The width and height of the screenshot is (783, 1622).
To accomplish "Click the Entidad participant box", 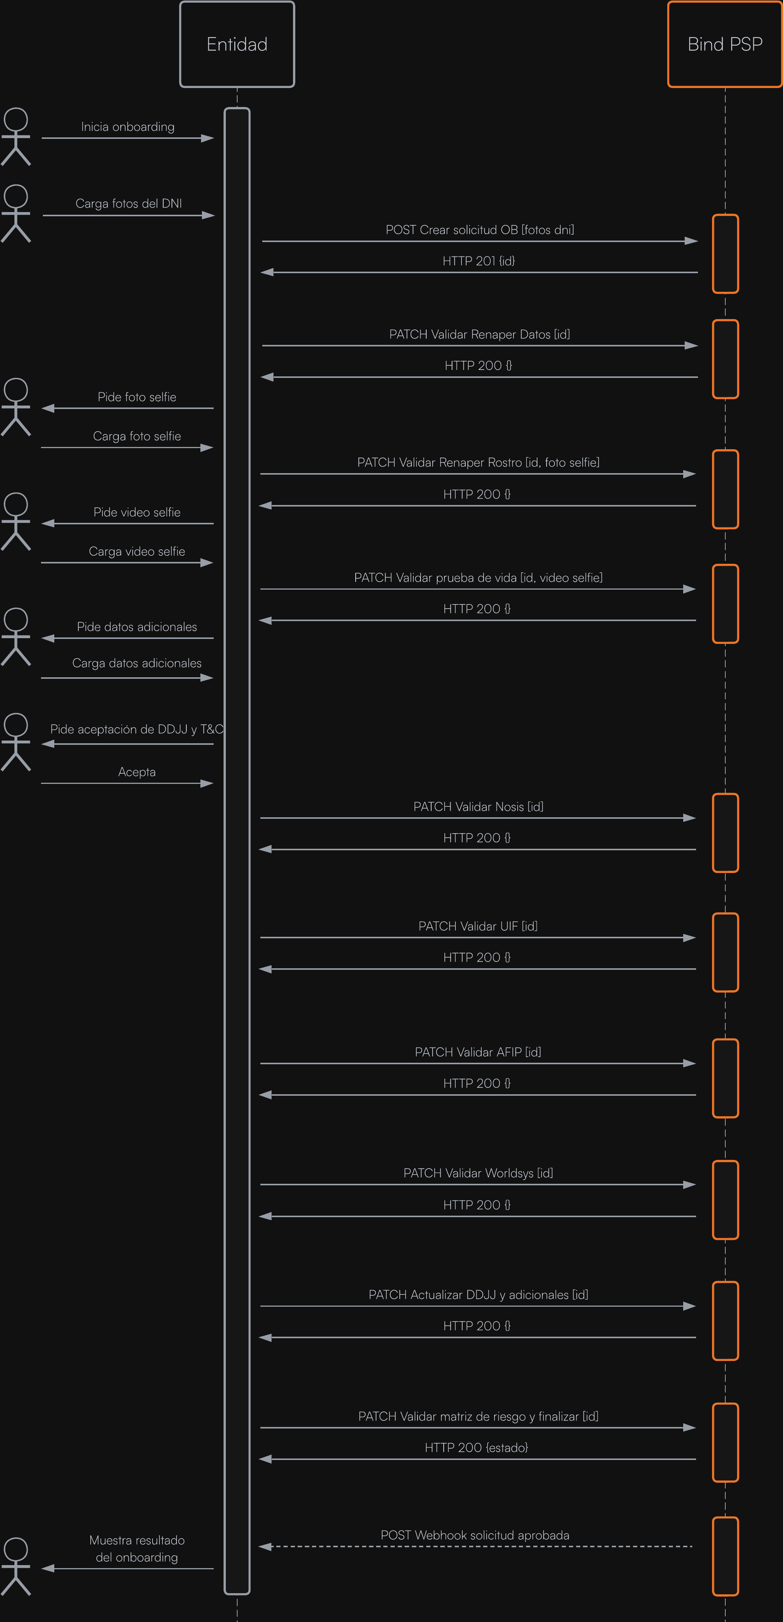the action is (x=237, y=44).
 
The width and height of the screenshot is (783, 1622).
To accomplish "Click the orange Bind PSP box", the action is (x=725, y=44).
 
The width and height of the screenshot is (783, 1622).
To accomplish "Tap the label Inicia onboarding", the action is (x=128, y=127).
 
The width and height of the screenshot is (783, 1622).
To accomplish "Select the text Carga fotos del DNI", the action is (x=129, y=203).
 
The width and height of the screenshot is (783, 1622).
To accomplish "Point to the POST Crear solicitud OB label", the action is (x=479, y=230).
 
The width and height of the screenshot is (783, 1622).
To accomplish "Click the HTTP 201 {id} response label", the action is (x=479, y=261).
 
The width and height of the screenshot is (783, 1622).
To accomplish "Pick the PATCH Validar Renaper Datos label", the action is (x=479, y=334).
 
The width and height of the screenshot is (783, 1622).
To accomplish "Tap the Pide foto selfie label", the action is (x=137, y=397).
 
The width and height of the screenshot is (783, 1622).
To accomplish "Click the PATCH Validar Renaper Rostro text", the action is (x=478, y=462).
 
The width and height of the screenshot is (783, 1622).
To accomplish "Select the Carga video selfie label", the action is (x=137, y=552).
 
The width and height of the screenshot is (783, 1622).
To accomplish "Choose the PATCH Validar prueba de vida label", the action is (x=478, y=577).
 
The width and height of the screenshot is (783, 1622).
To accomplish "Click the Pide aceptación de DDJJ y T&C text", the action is (x=137, y=729).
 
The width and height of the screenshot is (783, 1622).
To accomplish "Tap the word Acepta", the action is (x=137, y=772).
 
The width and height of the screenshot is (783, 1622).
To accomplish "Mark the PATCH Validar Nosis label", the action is (x=478, y=807).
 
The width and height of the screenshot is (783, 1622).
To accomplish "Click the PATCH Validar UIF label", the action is (x=478, y=926).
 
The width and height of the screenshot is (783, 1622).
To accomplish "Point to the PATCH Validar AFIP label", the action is (x=478, y=1052).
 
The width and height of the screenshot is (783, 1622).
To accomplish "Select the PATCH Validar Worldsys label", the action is (x=478, y=1173).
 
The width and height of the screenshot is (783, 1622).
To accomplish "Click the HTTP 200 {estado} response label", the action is (x=476, y=1447).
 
